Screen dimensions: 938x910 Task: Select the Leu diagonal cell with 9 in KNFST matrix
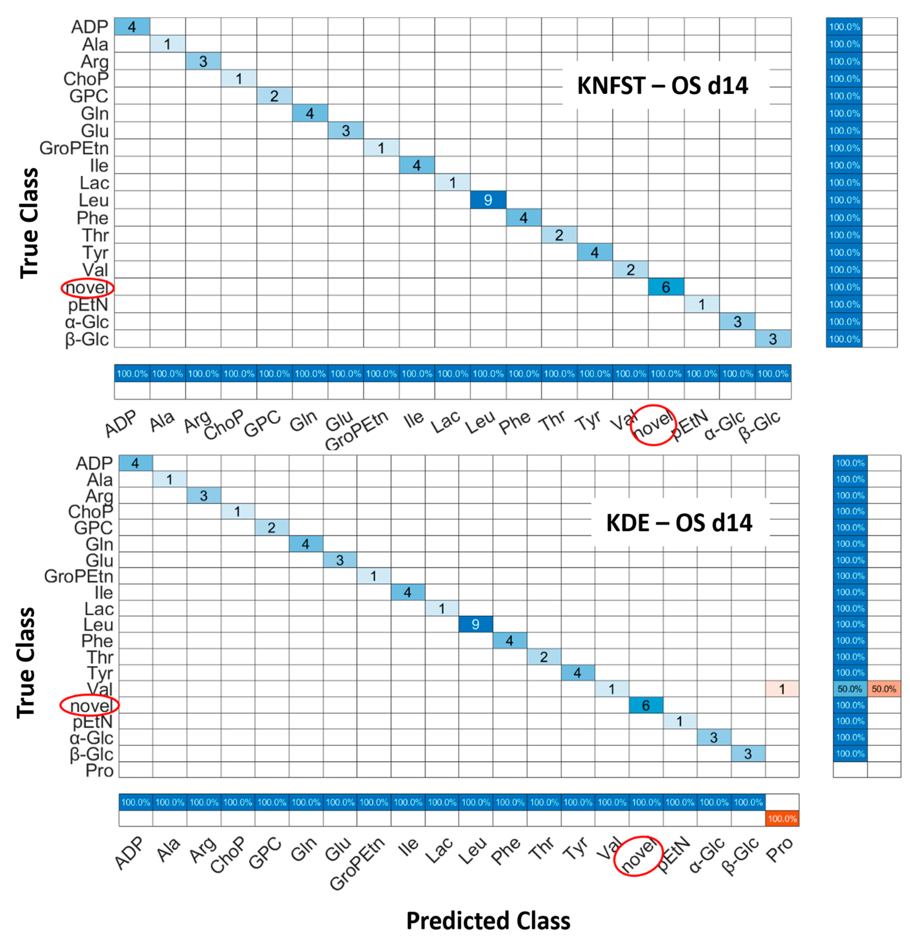click(x=487, y=200)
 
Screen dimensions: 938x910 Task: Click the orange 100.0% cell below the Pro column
click(x=782, y=819)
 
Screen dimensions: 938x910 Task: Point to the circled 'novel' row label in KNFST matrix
click(x=87, y=288)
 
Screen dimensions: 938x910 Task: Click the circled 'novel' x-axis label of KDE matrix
click(x=638, y=856)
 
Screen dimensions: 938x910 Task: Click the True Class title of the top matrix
click(x=29, y=223)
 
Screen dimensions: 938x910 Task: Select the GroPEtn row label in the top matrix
click(x=74, y=148)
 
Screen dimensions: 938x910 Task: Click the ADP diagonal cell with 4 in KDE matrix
click(x=135, y=463)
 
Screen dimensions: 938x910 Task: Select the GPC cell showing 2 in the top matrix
click(x=274, y=96)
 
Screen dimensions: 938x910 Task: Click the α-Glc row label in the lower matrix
click(x=91, y=738)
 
